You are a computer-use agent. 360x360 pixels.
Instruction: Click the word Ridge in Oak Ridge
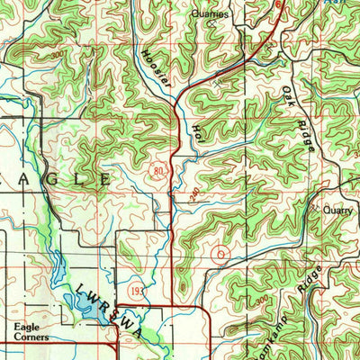coord(302,130)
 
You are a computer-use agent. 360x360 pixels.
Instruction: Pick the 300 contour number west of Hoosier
coord(55,57)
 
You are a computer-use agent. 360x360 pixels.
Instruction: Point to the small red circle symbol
coord(220,255)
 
